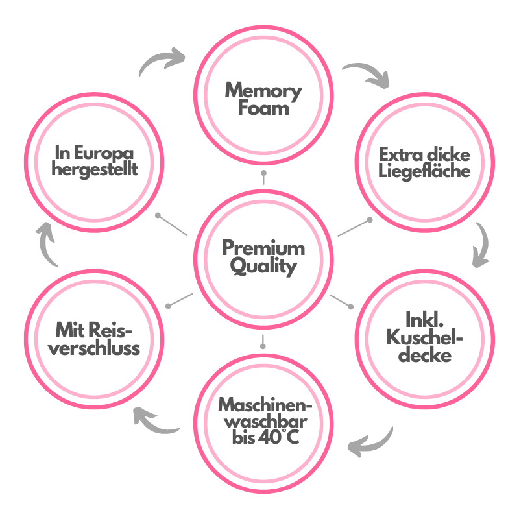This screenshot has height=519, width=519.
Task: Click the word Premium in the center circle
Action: tap(263, 248)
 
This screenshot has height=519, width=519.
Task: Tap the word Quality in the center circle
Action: tap(263, 266)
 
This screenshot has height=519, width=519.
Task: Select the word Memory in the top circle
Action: tap(263, 90)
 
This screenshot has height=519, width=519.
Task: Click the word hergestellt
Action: tap(95, 171)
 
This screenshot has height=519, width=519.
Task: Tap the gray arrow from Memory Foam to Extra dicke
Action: tap(367, 75)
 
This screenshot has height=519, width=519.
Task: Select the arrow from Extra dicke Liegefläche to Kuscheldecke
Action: tap(481, 245)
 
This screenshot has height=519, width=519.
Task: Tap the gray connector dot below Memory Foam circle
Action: tap(263, 174)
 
